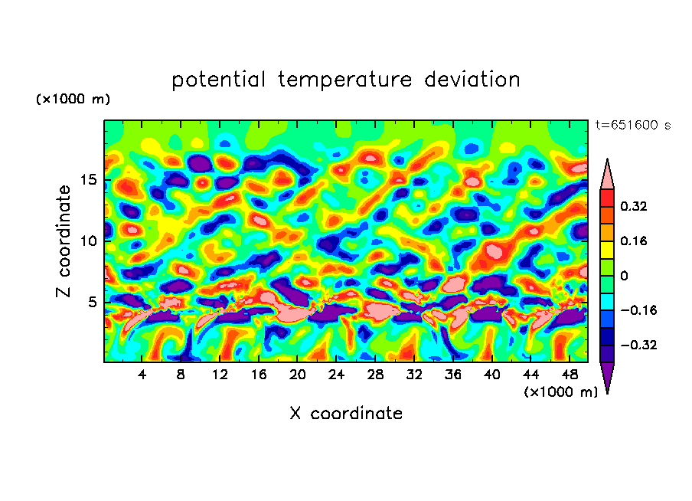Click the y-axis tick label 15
coord(90,180)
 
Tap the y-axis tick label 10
coord(90,241)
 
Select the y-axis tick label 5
coord(93,302)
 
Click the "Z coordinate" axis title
coord(64,241)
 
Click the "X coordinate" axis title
coord(346,414)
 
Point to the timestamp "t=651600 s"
coord(632,126)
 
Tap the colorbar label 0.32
coord(634,206)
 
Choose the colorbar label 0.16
coord(634,241)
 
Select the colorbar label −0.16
coord(637,310)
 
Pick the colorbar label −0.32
coord(637,345)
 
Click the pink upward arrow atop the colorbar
coord(607,175)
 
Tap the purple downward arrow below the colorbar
coord(607,377)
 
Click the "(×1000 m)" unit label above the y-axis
coord(73,100)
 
